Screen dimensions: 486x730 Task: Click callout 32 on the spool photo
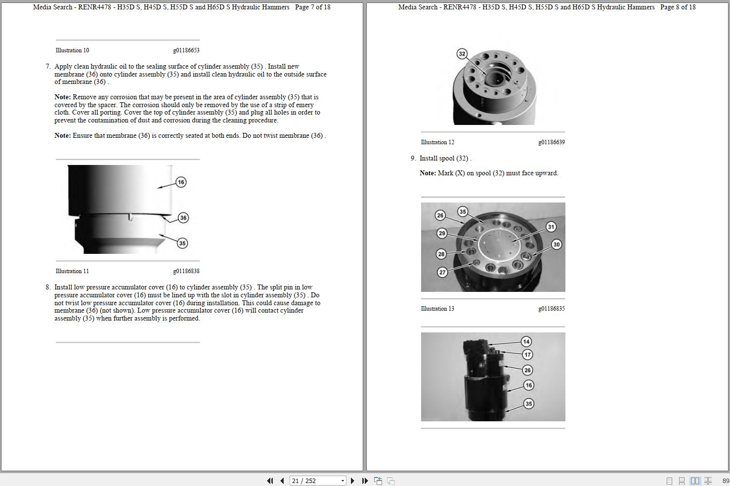pos(462,54)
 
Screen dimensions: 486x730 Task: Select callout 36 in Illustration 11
pos(183,218)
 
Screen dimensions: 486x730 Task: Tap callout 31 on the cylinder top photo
pos(551,227)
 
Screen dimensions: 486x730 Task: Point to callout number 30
pos(557,244)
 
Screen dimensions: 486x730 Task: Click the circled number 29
pos(442,233)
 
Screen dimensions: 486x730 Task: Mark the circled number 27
pos(442,272)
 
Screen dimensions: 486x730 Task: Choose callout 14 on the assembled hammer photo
pos(526,342)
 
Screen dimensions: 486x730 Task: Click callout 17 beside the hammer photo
pos(527,355)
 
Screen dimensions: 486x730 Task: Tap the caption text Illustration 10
pos(72,50)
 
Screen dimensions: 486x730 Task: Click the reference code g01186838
pos(186,271)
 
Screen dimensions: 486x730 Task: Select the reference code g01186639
pos(552,142)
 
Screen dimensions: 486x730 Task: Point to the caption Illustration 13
pos(437,309)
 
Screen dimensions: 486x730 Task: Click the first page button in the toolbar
pos(270,481)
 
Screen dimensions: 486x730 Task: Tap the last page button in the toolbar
pos(365,481)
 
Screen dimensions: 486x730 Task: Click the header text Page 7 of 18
pos(312,7)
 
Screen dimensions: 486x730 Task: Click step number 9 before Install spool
pos(413,159)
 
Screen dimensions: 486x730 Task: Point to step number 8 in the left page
pos(48,287)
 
